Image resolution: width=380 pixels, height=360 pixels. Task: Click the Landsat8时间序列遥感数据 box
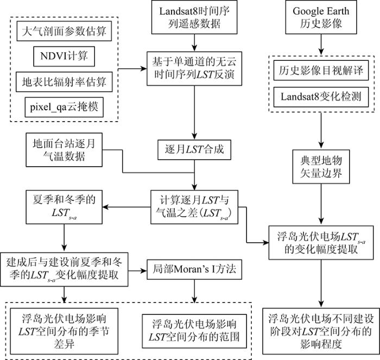point(194,17)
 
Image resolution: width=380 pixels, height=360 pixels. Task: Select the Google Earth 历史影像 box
point(321,17)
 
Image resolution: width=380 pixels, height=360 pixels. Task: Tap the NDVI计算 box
point(64,56)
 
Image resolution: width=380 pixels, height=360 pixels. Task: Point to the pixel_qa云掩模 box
point(64,107)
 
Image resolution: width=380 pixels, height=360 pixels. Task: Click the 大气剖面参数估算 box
point(64,31)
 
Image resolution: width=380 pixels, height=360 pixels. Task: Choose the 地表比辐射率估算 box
point(64,81)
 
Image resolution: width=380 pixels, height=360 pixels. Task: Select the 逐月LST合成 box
point(194,149)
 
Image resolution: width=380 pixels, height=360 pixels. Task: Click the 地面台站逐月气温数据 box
point(64,150)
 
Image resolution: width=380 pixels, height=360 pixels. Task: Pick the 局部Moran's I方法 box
point(194,269)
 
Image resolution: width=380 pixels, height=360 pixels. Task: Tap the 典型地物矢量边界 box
point(321,167)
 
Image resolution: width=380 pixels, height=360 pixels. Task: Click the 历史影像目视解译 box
point(321,71)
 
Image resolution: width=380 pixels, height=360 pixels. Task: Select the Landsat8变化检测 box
point(321,97)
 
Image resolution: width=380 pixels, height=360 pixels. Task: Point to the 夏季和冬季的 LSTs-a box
point(64,207)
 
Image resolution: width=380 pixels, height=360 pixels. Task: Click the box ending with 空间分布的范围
point(194,331)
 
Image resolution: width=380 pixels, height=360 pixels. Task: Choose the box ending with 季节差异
point(64,331)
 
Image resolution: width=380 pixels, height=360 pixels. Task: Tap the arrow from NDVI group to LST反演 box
point(132,68)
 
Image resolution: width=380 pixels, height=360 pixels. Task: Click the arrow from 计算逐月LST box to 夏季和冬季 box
point(126,207)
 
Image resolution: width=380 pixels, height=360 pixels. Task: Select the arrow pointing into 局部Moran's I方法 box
point(137,270)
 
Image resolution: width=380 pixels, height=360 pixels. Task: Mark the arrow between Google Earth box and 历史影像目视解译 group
point(321,45)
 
